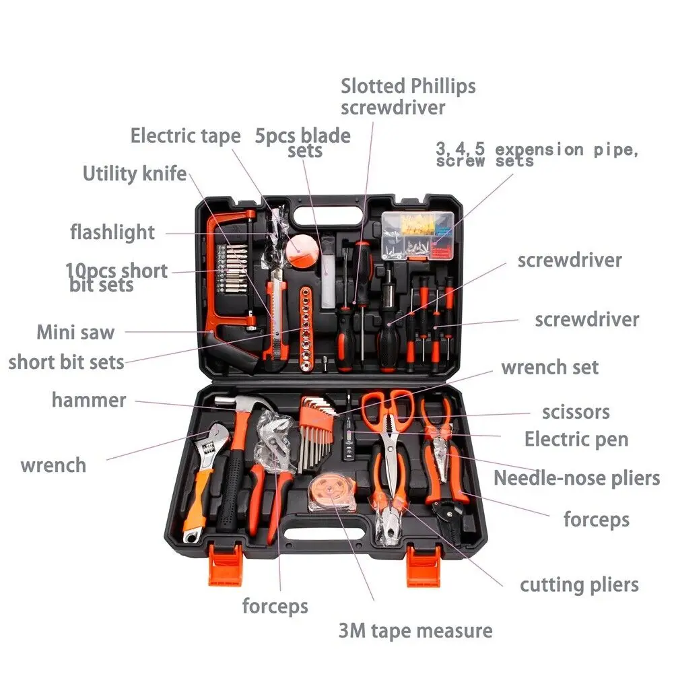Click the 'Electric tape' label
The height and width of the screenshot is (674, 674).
point(185,136)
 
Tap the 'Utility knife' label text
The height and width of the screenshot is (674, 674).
point(135,174)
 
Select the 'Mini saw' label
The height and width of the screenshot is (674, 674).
point(75,332)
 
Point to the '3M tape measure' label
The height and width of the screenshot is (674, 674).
point(415,631)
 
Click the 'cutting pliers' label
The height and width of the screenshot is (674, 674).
point(579,585)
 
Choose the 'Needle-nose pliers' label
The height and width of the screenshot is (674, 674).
point(576,478)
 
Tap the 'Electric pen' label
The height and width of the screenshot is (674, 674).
point(576,439)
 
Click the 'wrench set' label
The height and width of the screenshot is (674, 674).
point(550,368)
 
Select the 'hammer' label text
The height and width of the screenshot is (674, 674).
point(89,400)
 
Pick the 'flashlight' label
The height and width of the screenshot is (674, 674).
point(112,232)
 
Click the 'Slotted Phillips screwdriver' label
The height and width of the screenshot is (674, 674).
point(408,97)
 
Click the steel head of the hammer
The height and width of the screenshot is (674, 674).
point(241,404)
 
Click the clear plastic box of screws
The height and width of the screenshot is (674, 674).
point(417,236)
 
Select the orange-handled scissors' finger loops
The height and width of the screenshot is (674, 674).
point(387,403)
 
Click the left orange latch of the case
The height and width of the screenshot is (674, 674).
point(225,564)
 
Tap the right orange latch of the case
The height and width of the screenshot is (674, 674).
point(424,565)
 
